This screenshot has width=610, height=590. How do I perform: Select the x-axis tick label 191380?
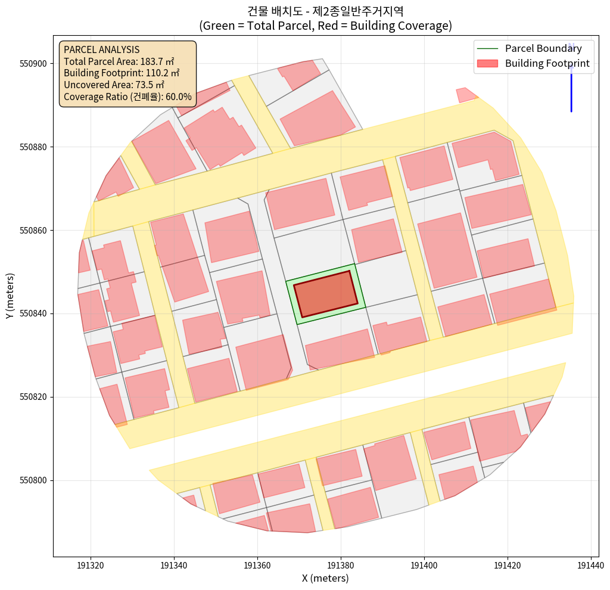341,565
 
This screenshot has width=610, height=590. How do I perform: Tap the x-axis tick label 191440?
590,565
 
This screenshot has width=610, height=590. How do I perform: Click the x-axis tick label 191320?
91,565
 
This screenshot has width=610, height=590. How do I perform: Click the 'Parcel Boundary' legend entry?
543,48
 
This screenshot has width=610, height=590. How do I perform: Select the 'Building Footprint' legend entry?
547,63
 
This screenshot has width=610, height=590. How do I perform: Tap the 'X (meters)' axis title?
325,578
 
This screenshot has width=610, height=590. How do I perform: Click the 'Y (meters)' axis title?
10,296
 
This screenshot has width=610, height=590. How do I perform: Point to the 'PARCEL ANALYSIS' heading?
101,49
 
